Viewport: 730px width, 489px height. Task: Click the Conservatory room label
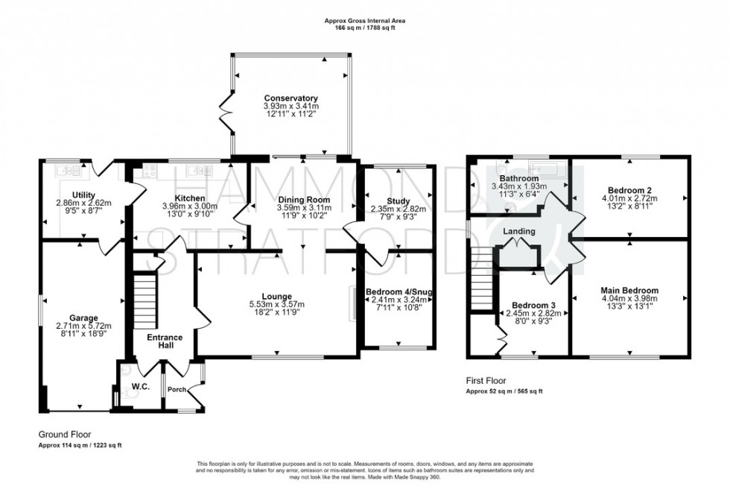coord(291,98)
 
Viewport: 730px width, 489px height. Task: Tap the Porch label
coord(177,388)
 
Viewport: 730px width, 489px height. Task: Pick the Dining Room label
coord(303,199)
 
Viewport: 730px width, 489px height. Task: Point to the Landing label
coord(519,231)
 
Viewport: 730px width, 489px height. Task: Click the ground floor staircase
coord(146,297)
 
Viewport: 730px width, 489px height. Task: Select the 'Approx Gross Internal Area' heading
coord(365,22)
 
